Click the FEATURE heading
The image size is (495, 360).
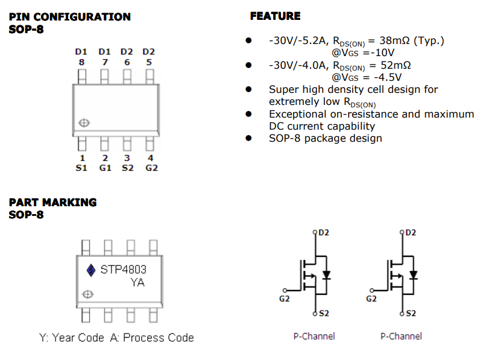pyautogui.click(x=275, y=16)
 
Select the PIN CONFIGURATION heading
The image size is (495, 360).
pyautogui.click(x=69, y=17)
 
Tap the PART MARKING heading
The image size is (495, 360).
pyautogui.click(x=52, y=202)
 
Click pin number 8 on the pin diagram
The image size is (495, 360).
pyautogui.click(x=81, y=62)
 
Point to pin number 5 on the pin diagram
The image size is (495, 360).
pyautogui.click(x=149, y=62)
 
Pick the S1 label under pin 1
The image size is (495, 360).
pyautogui.click(x=81, y=168)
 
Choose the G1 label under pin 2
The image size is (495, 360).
pyautogui.click(x=105, y=168)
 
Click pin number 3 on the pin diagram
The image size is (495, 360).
pyautogui.click(x=127, y=159)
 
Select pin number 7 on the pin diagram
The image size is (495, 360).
pyautogui.click(x=104, y=62)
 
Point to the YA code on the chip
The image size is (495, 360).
pyautogui.click(x=137, y=282)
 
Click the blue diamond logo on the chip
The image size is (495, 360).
pyautogui.click(x=91, y=270)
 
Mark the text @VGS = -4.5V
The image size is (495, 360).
pyautogui.click(x=367, y=77)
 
